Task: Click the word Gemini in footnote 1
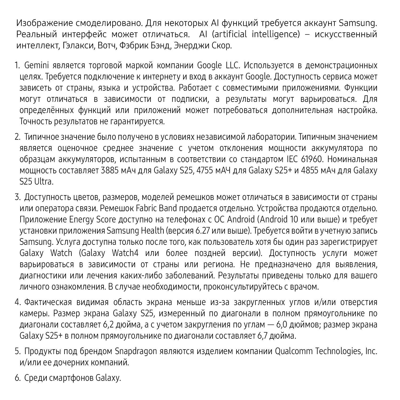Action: [36, 66]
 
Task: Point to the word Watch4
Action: [125, 253]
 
